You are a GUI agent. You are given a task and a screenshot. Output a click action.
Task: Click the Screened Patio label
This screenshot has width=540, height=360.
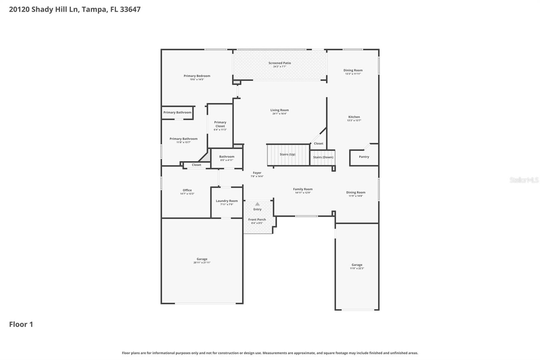[x=279, y=63]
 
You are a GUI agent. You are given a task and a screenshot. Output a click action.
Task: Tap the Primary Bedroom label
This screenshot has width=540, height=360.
[x=197, y=76]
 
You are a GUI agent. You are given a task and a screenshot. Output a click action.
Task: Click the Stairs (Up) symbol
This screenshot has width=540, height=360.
[x=288, y=155]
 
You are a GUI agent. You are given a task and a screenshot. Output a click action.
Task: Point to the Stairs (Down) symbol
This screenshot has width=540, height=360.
[x=323, y=157]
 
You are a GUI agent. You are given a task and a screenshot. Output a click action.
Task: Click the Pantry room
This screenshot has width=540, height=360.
[x=364, y=157]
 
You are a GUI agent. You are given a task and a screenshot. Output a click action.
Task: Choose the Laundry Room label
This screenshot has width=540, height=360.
[x=227, y=201]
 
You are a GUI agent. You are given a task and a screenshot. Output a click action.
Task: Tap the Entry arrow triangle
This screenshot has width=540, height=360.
[x=258, y=204]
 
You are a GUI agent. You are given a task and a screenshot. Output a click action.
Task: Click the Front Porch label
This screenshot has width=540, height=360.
[x=257, y=220]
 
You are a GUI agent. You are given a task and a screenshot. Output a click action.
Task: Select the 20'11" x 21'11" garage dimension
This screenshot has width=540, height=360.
[x=202, y=263]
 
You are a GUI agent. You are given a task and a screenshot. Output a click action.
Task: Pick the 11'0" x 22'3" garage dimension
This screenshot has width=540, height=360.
[x=357, y=268]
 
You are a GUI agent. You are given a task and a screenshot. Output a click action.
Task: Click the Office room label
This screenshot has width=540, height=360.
[x=187, y=190]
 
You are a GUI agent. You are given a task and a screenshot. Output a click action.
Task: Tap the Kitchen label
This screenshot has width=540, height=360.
[x=354, y=117]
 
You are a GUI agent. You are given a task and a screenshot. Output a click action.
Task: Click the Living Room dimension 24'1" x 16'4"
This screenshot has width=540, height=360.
[x=279, y=114]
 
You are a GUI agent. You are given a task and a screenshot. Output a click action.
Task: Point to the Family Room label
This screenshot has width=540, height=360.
[x=303, y=189]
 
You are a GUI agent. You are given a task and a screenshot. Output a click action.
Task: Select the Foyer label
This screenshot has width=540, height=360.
[x=257, y=173]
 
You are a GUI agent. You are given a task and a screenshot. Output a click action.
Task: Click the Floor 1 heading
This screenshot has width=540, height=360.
[x=21, y=325]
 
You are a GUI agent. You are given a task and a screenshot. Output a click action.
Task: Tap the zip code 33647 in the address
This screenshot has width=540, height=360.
[x=130, y=9]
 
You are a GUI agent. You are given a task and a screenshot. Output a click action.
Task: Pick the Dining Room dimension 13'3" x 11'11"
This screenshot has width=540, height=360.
[x=353, y=74]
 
